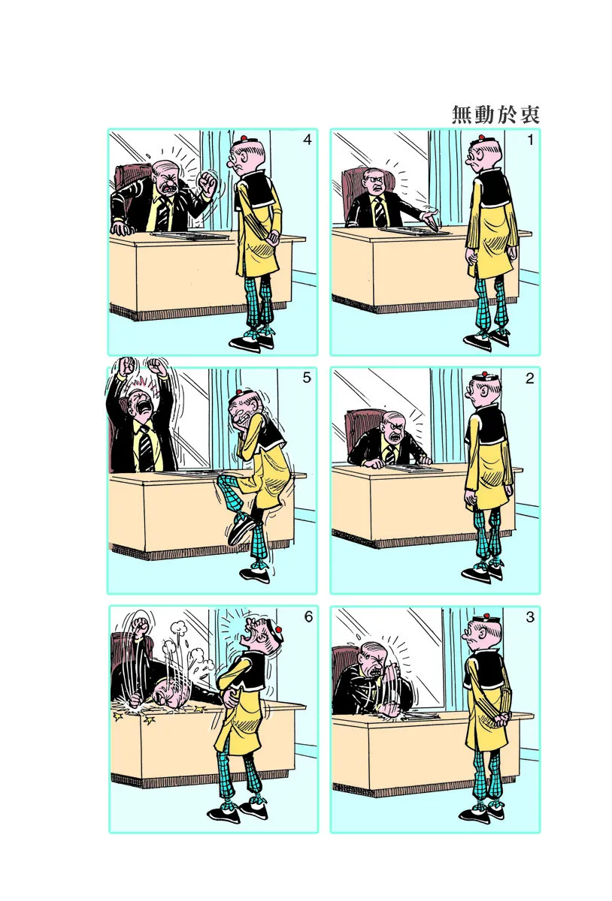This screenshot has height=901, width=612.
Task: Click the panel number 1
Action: pos(531,140)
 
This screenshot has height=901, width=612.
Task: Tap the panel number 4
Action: pos(308,140)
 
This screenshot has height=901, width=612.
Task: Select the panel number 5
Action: pos(307,378)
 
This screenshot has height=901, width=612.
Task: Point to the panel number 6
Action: pos(308,616)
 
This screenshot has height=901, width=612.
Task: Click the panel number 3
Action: pos(530,616)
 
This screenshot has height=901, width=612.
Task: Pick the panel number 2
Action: pos(530,378)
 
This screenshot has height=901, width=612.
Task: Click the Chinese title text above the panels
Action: pos(495,115)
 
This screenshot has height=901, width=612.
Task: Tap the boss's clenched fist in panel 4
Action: pos(209,183)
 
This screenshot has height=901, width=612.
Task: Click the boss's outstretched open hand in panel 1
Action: pos(429,217)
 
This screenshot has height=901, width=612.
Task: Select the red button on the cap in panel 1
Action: pos(481,138)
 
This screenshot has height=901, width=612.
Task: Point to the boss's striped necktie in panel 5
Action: pos(146,447)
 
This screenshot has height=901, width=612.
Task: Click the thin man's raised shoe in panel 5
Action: pos(240,529)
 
